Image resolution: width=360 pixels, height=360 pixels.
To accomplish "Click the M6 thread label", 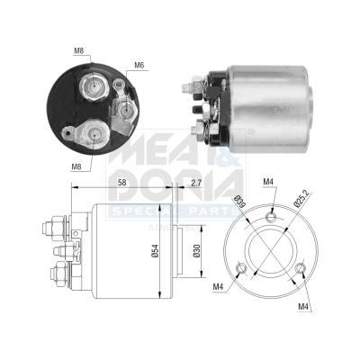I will click(139, 65).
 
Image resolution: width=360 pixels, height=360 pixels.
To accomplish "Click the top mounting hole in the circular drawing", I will click(272, 215).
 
